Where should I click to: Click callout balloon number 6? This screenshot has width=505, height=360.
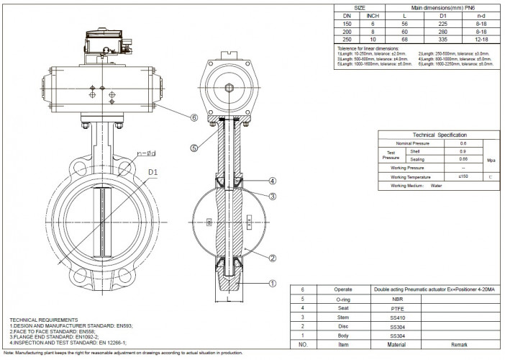tap(194, 117)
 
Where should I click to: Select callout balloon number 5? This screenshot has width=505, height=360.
tap(194, 148)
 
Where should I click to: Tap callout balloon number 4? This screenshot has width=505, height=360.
tap(272, 180)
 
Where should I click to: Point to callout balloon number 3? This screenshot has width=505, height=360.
tap(272, 197)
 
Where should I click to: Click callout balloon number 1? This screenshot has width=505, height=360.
tap(273, 284)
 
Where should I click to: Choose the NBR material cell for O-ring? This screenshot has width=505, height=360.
tap(398, 297)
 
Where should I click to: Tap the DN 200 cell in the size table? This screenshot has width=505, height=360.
tap(347, 31)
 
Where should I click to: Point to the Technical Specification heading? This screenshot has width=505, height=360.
tap(439, 135)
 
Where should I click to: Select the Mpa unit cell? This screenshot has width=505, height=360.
tap(490, 160)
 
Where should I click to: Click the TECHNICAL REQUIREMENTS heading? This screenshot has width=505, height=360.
tap(43, 318)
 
